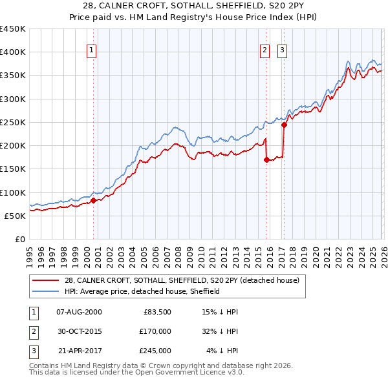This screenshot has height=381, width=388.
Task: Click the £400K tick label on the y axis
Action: coord(13,52)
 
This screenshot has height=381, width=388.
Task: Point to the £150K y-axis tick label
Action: coord(13,169)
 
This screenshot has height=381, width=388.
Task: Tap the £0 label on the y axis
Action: coord(19,240)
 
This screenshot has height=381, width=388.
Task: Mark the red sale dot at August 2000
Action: coord(93,200)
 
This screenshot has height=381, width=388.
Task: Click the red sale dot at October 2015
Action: coord(266,160)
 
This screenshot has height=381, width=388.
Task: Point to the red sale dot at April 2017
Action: coord(283,125)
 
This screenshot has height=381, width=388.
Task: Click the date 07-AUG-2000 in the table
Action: coord(80,312)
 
